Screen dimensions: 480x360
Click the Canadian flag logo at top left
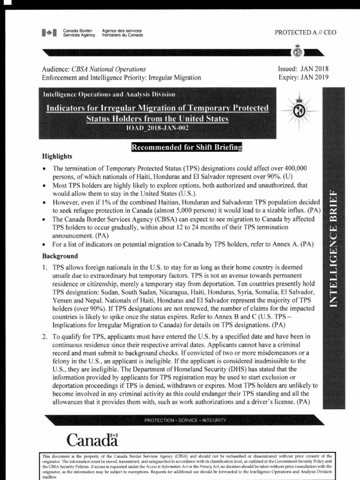[49, 33]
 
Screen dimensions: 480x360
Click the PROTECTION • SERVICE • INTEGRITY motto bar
[185, 420]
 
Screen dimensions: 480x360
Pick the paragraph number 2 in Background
[45, 337]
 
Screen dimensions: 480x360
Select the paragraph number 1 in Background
[45, 267]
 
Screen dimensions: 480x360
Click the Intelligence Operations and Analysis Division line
[109, 95]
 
